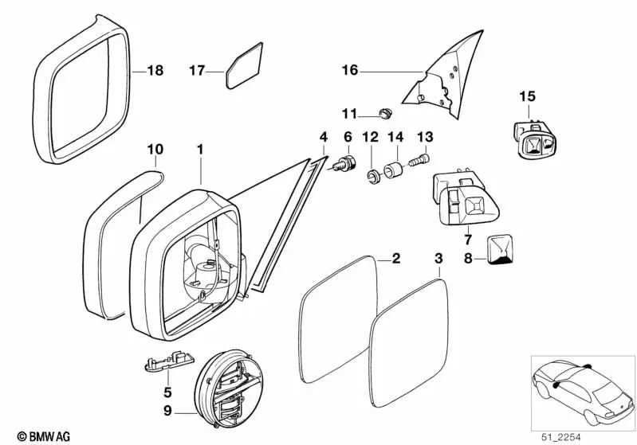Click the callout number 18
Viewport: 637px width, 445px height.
[155, 71]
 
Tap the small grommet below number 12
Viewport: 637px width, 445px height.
[372, 174]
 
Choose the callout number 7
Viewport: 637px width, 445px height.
[468, 238]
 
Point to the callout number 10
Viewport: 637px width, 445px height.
[155, 149]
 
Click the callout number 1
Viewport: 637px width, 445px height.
[200, 149]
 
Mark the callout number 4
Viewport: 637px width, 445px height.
[323, 137]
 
